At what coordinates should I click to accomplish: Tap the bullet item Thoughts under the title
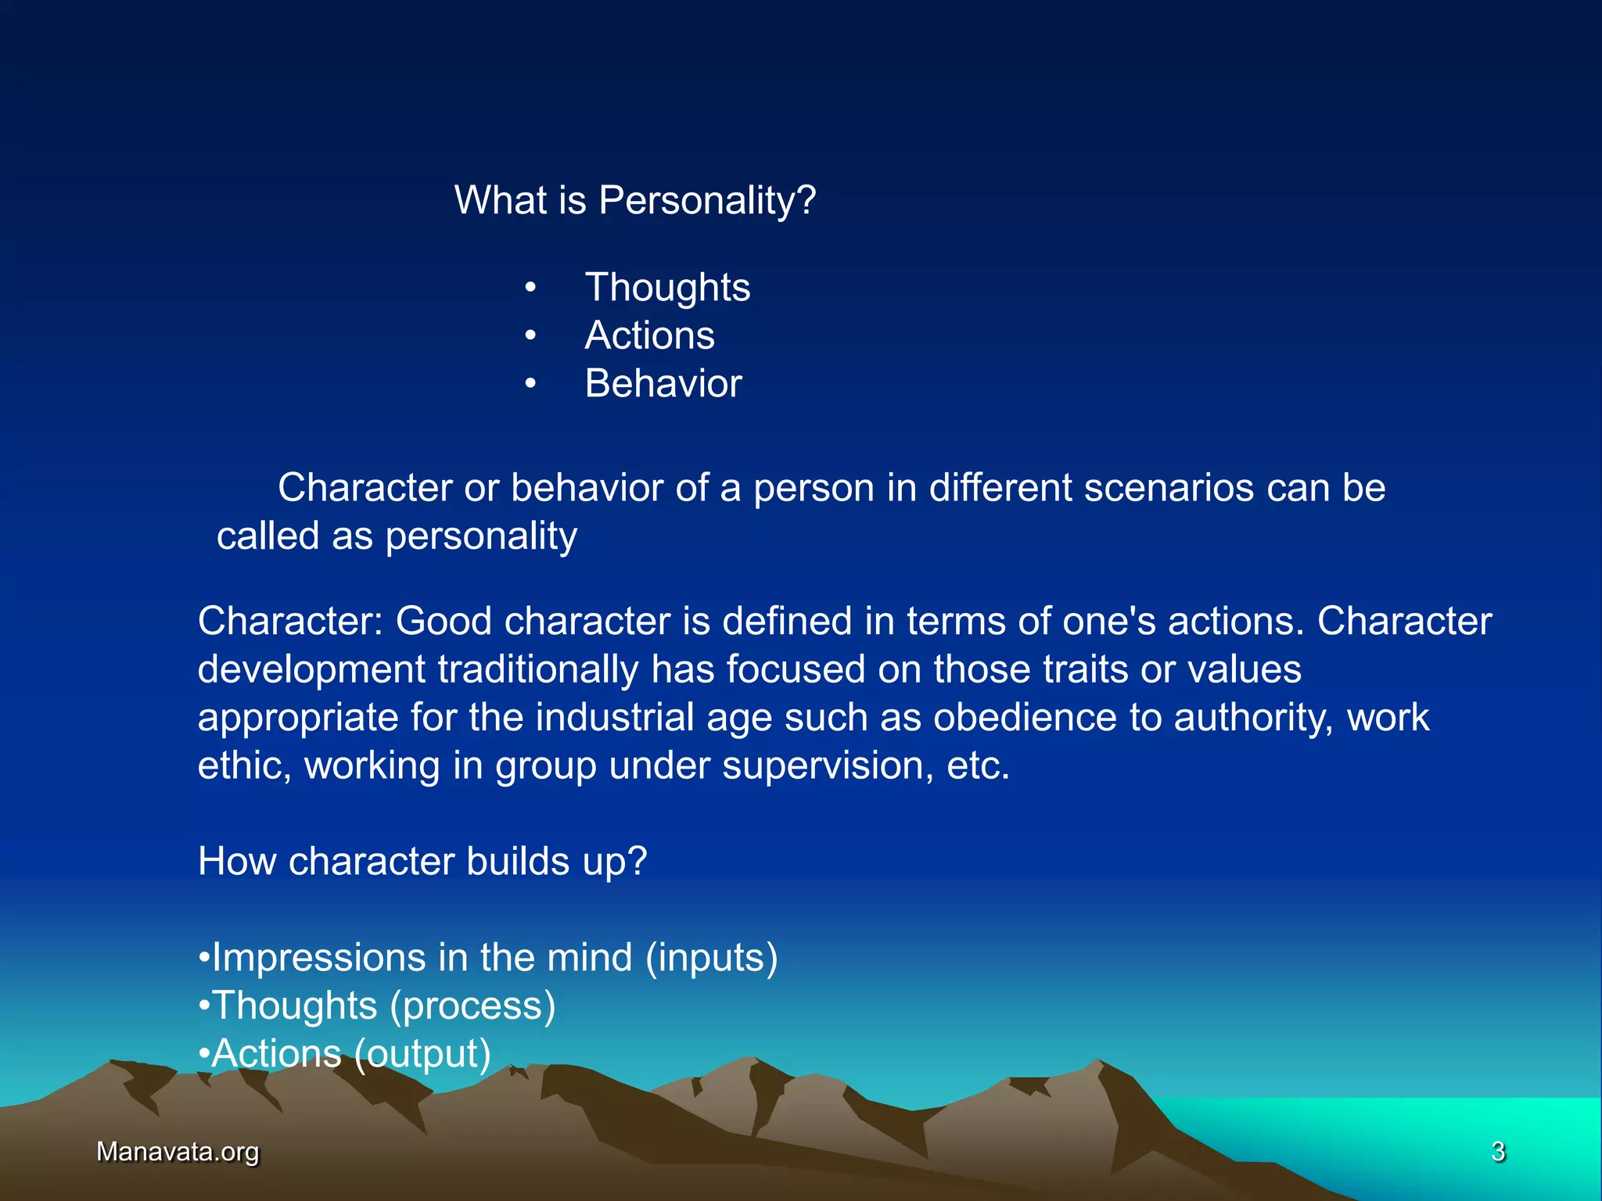click(667, 288)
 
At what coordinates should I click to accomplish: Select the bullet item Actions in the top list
click(649, 335)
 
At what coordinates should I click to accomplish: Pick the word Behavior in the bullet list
click(663, 384)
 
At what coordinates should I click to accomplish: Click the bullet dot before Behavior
click(530, 384)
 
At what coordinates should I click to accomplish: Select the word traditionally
click(538, 670)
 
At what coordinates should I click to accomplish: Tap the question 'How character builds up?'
click(422, 862)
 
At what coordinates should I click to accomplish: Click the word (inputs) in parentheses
click(711, 958)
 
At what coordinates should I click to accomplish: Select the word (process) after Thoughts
click(472, 1006)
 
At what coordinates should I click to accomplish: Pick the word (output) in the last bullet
click(422, 1054)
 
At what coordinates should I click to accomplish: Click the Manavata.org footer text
click(178, 1152)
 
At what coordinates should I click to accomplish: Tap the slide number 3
click(1498, 1152)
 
